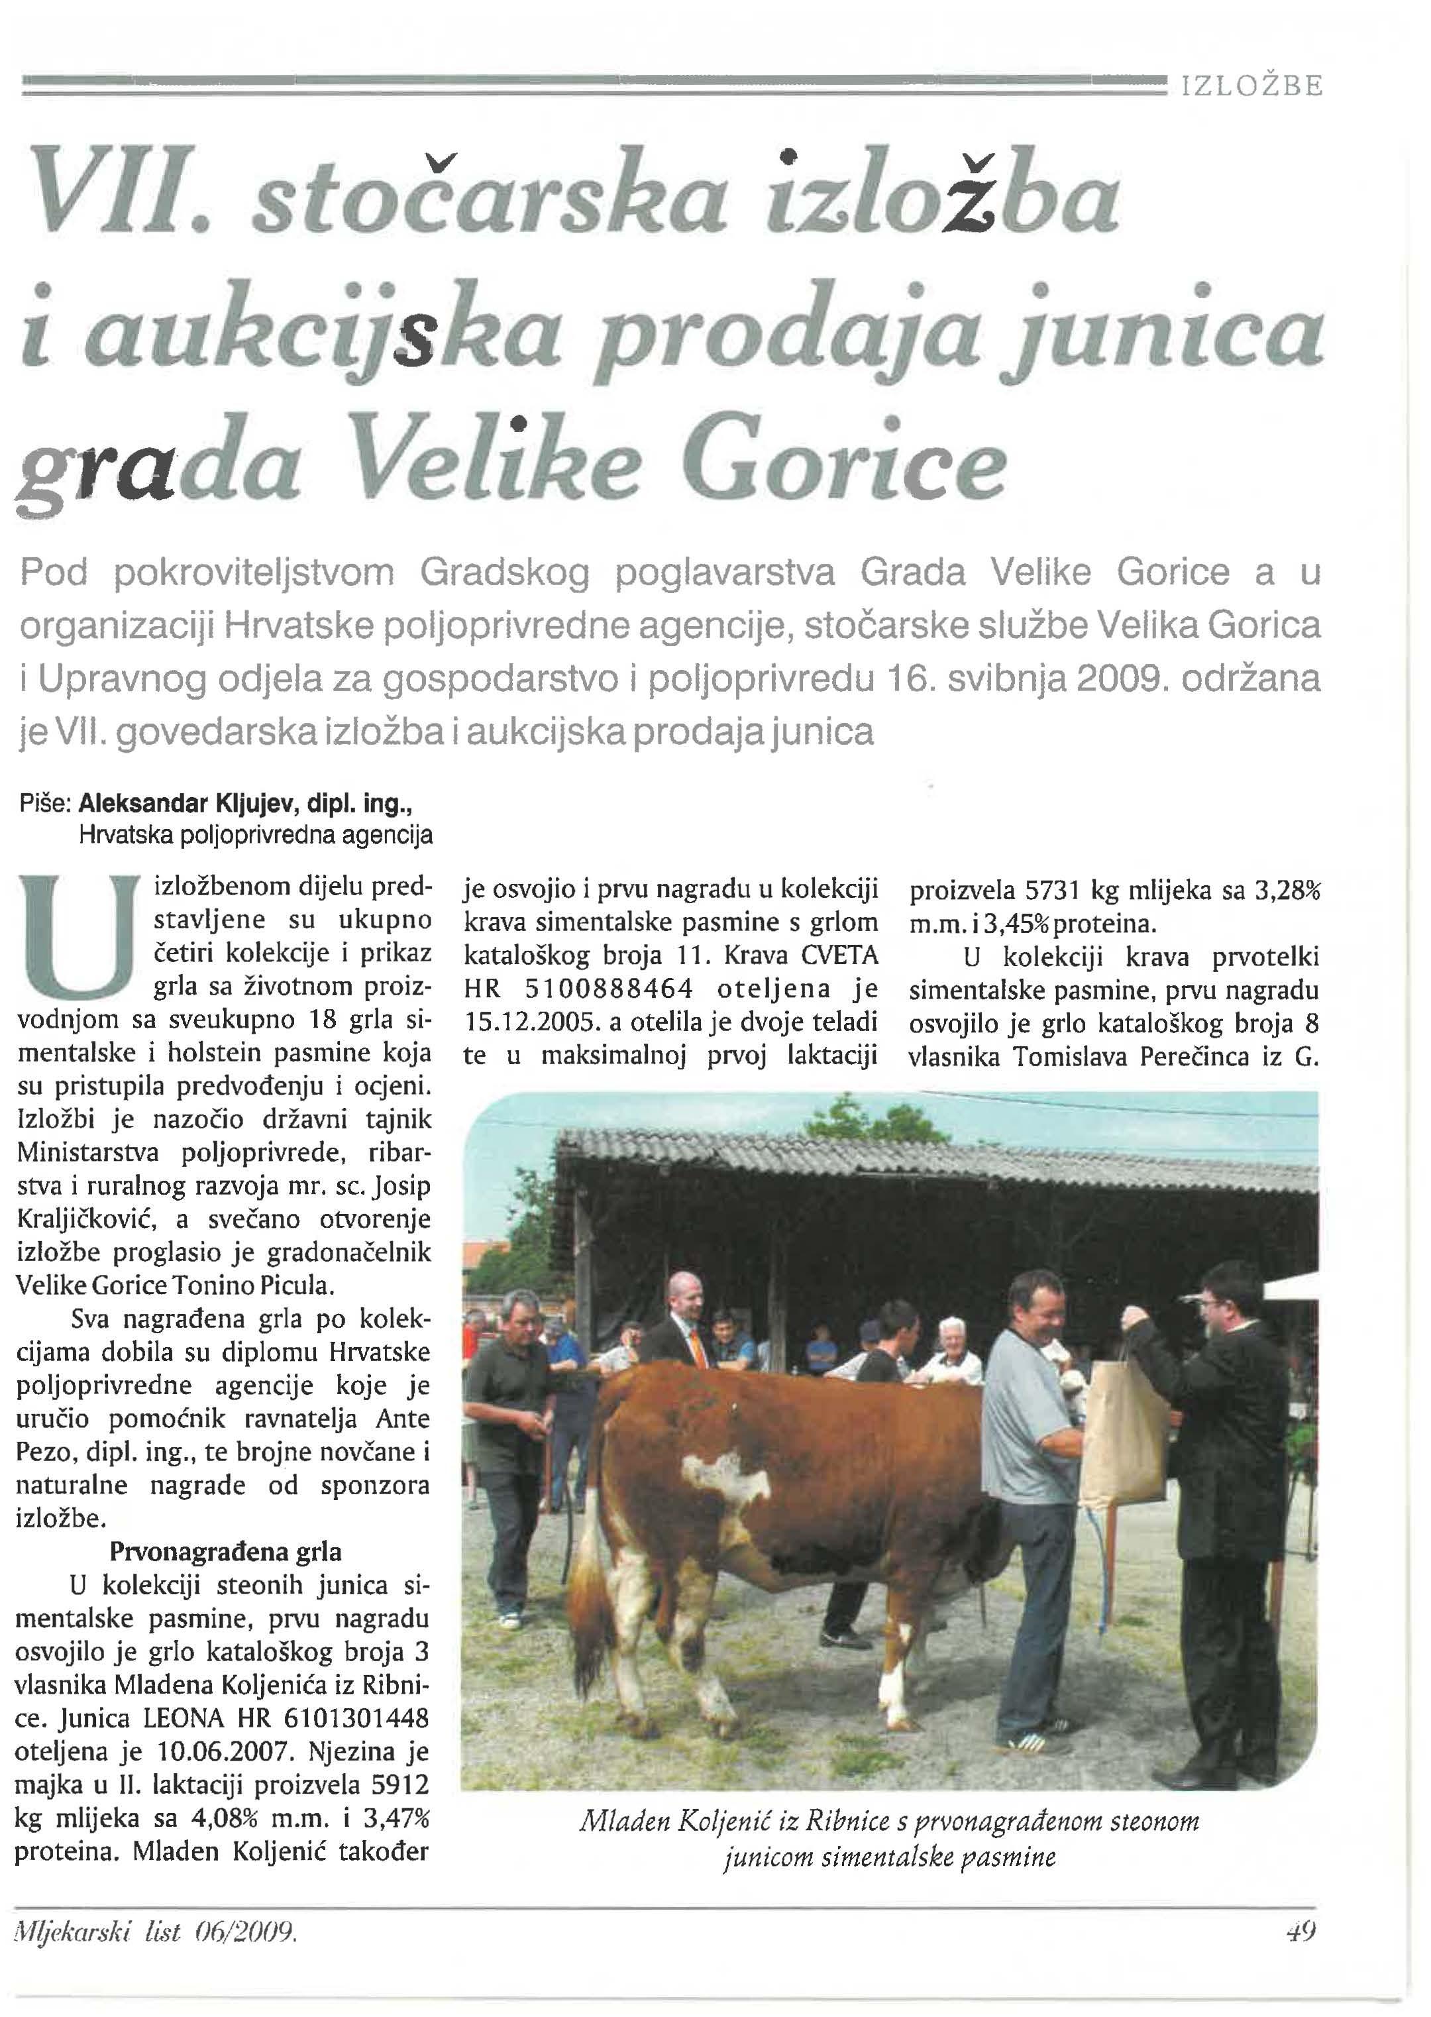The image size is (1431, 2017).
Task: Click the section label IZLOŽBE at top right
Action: click(1252, 86)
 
